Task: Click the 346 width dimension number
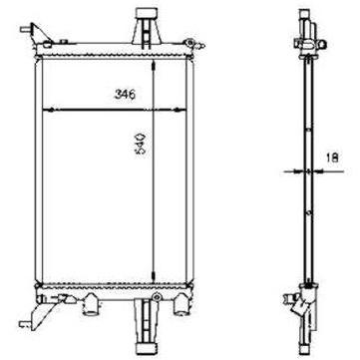click(x=125, y=95)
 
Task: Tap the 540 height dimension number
click(x=140, y=145)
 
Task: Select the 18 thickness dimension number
click(x=333, y=157)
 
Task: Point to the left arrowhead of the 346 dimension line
click(x=49, y=110)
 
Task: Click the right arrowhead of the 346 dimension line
click(x=180, y=110)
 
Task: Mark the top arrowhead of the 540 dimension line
click(x=153, y=66)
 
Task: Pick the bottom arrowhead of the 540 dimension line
click(x=153, y=276)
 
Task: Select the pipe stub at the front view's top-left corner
click(x=25, y=29)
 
